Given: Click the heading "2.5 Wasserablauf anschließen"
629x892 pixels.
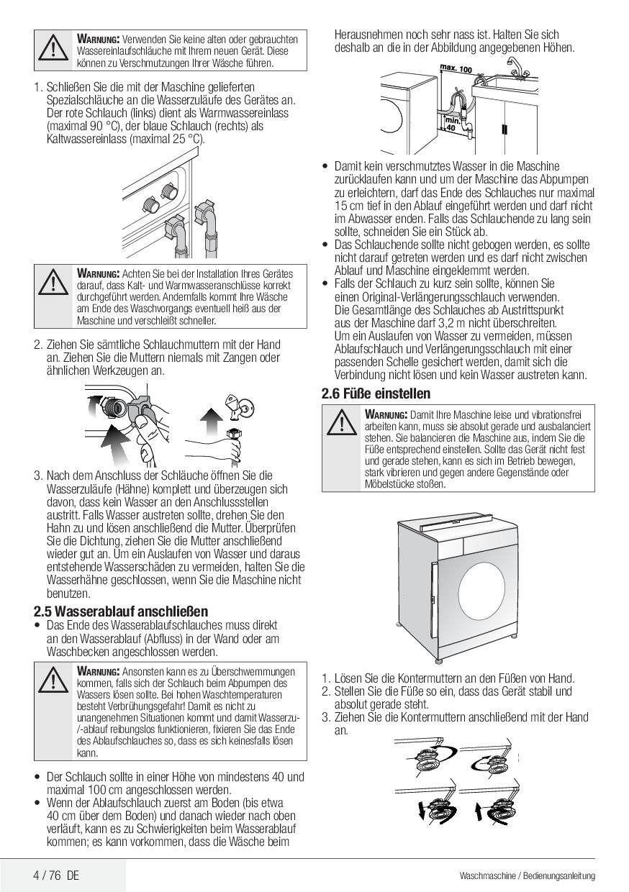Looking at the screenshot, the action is pyautogui.click(x=121, y=611).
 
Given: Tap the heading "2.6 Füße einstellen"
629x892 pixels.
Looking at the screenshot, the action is pyautogui.click(x=376, y=393).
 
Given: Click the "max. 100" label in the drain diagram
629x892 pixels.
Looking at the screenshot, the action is pyautogui.click(x=456, y=68).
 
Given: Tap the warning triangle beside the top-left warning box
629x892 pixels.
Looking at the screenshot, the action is pyautogui.click(x=53, y=49).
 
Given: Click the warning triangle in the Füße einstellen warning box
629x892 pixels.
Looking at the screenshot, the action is pyautogui.click(x=341, y=423).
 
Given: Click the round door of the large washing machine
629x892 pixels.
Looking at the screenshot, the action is pyautogui.click(x=482, y=588).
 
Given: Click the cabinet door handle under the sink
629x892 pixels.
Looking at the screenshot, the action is pyautogui.click(x=504, y=129).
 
